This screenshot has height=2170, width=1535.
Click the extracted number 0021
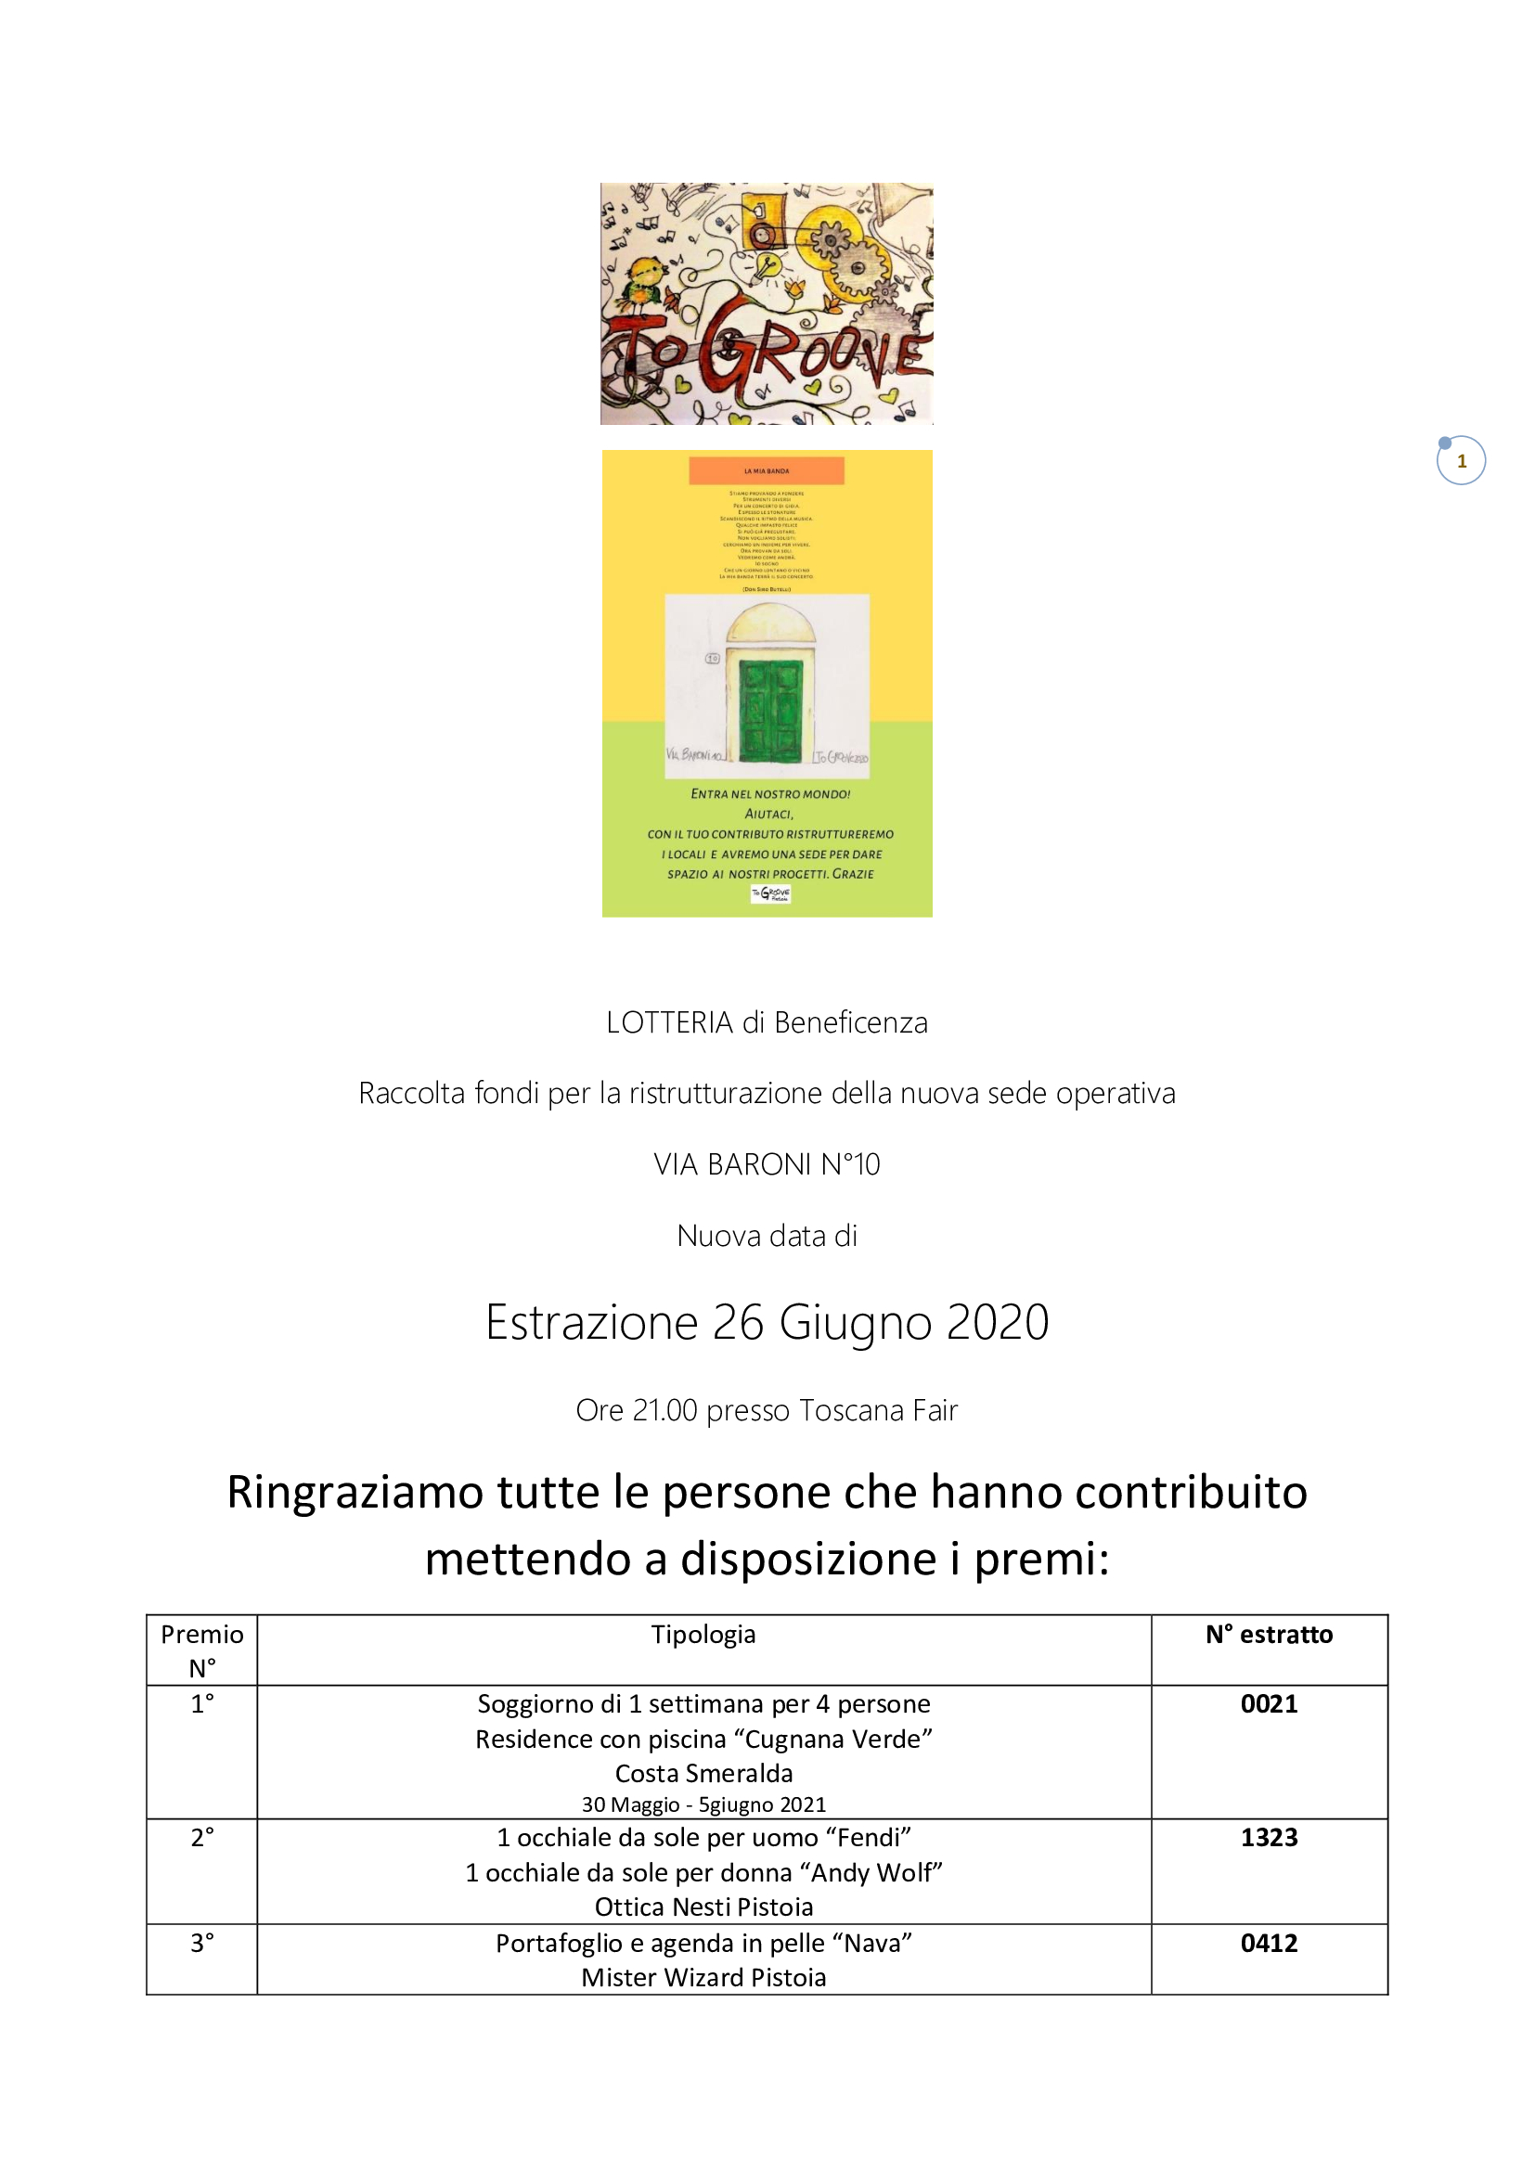1269,1704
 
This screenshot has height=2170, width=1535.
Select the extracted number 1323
1269,1837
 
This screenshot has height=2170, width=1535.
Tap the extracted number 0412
1269,1944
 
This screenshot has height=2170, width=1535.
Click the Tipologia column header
703,1635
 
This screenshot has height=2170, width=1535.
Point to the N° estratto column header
1269,1635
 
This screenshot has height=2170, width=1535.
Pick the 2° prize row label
202,1837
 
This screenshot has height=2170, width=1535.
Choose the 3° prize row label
202,1944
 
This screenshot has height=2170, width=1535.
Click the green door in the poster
770,710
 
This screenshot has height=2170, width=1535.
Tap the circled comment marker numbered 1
1462,461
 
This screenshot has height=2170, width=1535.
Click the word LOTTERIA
669,1022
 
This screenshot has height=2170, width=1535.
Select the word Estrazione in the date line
592,1322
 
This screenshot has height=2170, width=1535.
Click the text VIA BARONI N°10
767,1164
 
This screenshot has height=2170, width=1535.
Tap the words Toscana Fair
878,1410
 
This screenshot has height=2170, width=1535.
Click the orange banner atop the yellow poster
766,470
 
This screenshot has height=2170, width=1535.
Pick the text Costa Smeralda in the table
703,1773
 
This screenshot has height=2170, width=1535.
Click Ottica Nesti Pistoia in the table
703,1907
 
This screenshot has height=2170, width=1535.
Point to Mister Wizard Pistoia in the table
703,1977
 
